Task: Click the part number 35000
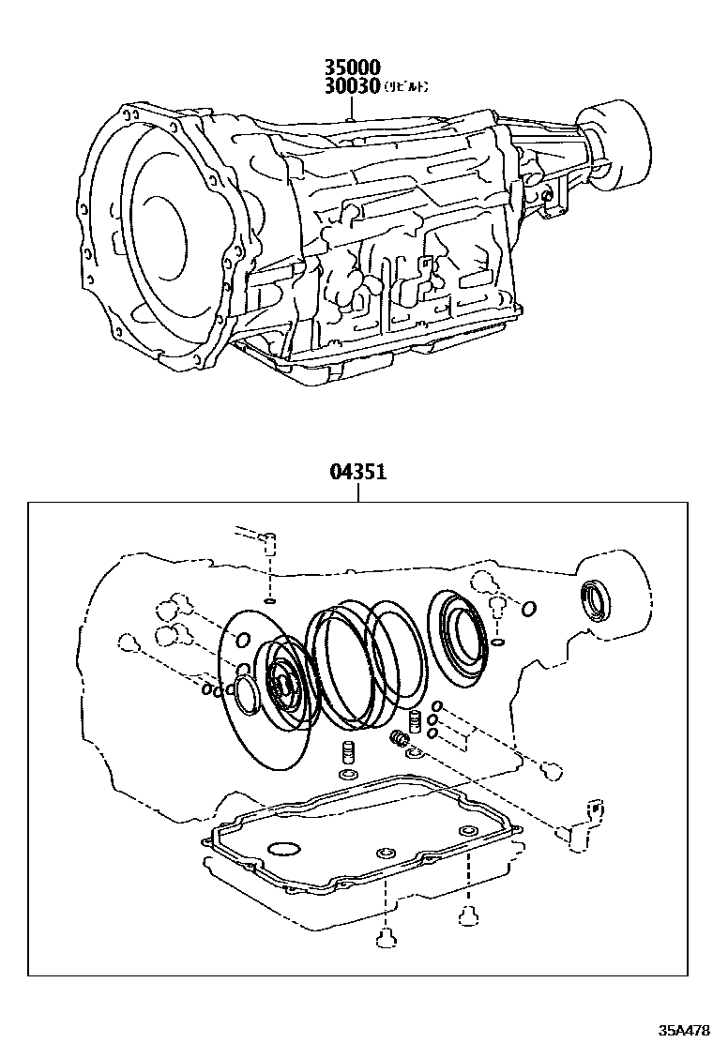tap(352, 68)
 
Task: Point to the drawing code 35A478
tap(683, 1030)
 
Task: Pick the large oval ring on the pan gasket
tap(284, 850)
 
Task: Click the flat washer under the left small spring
tap(346, 775)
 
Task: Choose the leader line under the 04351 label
tap(356, 492)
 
